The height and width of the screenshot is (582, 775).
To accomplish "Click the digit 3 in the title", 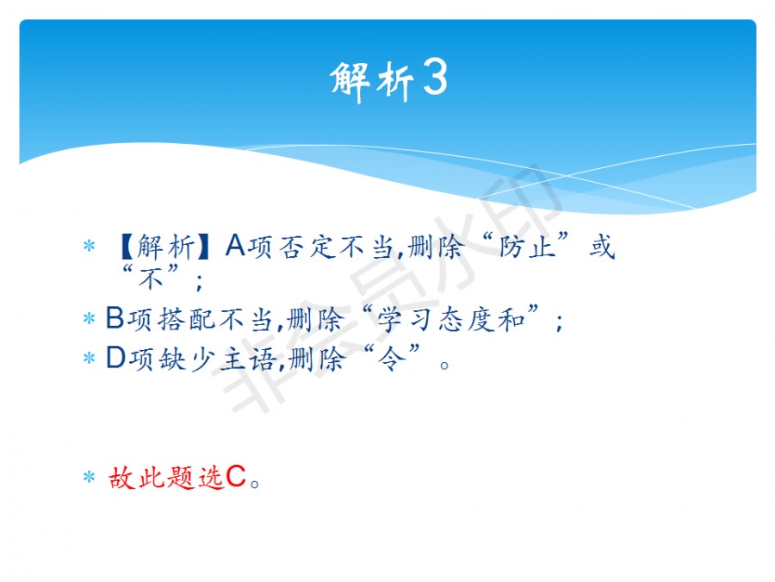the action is pos(436,77).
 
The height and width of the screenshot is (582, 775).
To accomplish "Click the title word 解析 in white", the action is pos(372,81).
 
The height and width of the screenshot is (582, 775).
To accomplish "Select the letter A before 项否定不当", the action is pos(235,245).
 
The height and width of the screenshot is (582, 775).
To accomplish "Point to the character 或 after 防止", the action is pos(602,246).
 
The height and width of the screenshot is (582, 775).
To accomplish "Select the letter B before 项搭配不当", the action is pos(115,317).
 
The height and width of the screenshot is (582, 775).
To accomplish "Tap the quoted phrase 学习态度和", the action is pos(450,319).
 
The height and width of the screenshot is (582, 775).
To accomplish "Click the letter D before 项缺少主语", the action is pos(116,357).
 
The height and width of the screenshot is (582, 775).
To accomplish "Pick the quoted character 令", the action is pos(392,359).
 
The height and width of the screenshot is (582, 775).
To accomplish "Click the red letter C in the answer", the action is pos(236,477).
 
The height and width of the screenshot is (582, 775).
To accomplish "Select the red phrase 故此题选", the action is pos(166,478).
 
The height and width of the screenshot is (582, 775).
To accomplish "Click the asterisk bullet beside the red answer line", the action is pos(89,477).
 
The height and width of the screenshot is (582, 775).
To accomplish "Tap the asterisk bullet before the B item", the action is pos(89,318).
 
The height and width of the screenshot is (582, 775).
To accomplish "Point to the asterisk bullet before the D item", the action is pos(89,358).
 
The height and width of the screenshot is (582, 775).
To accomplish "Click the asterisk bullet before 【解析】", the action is pos(89,246).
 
